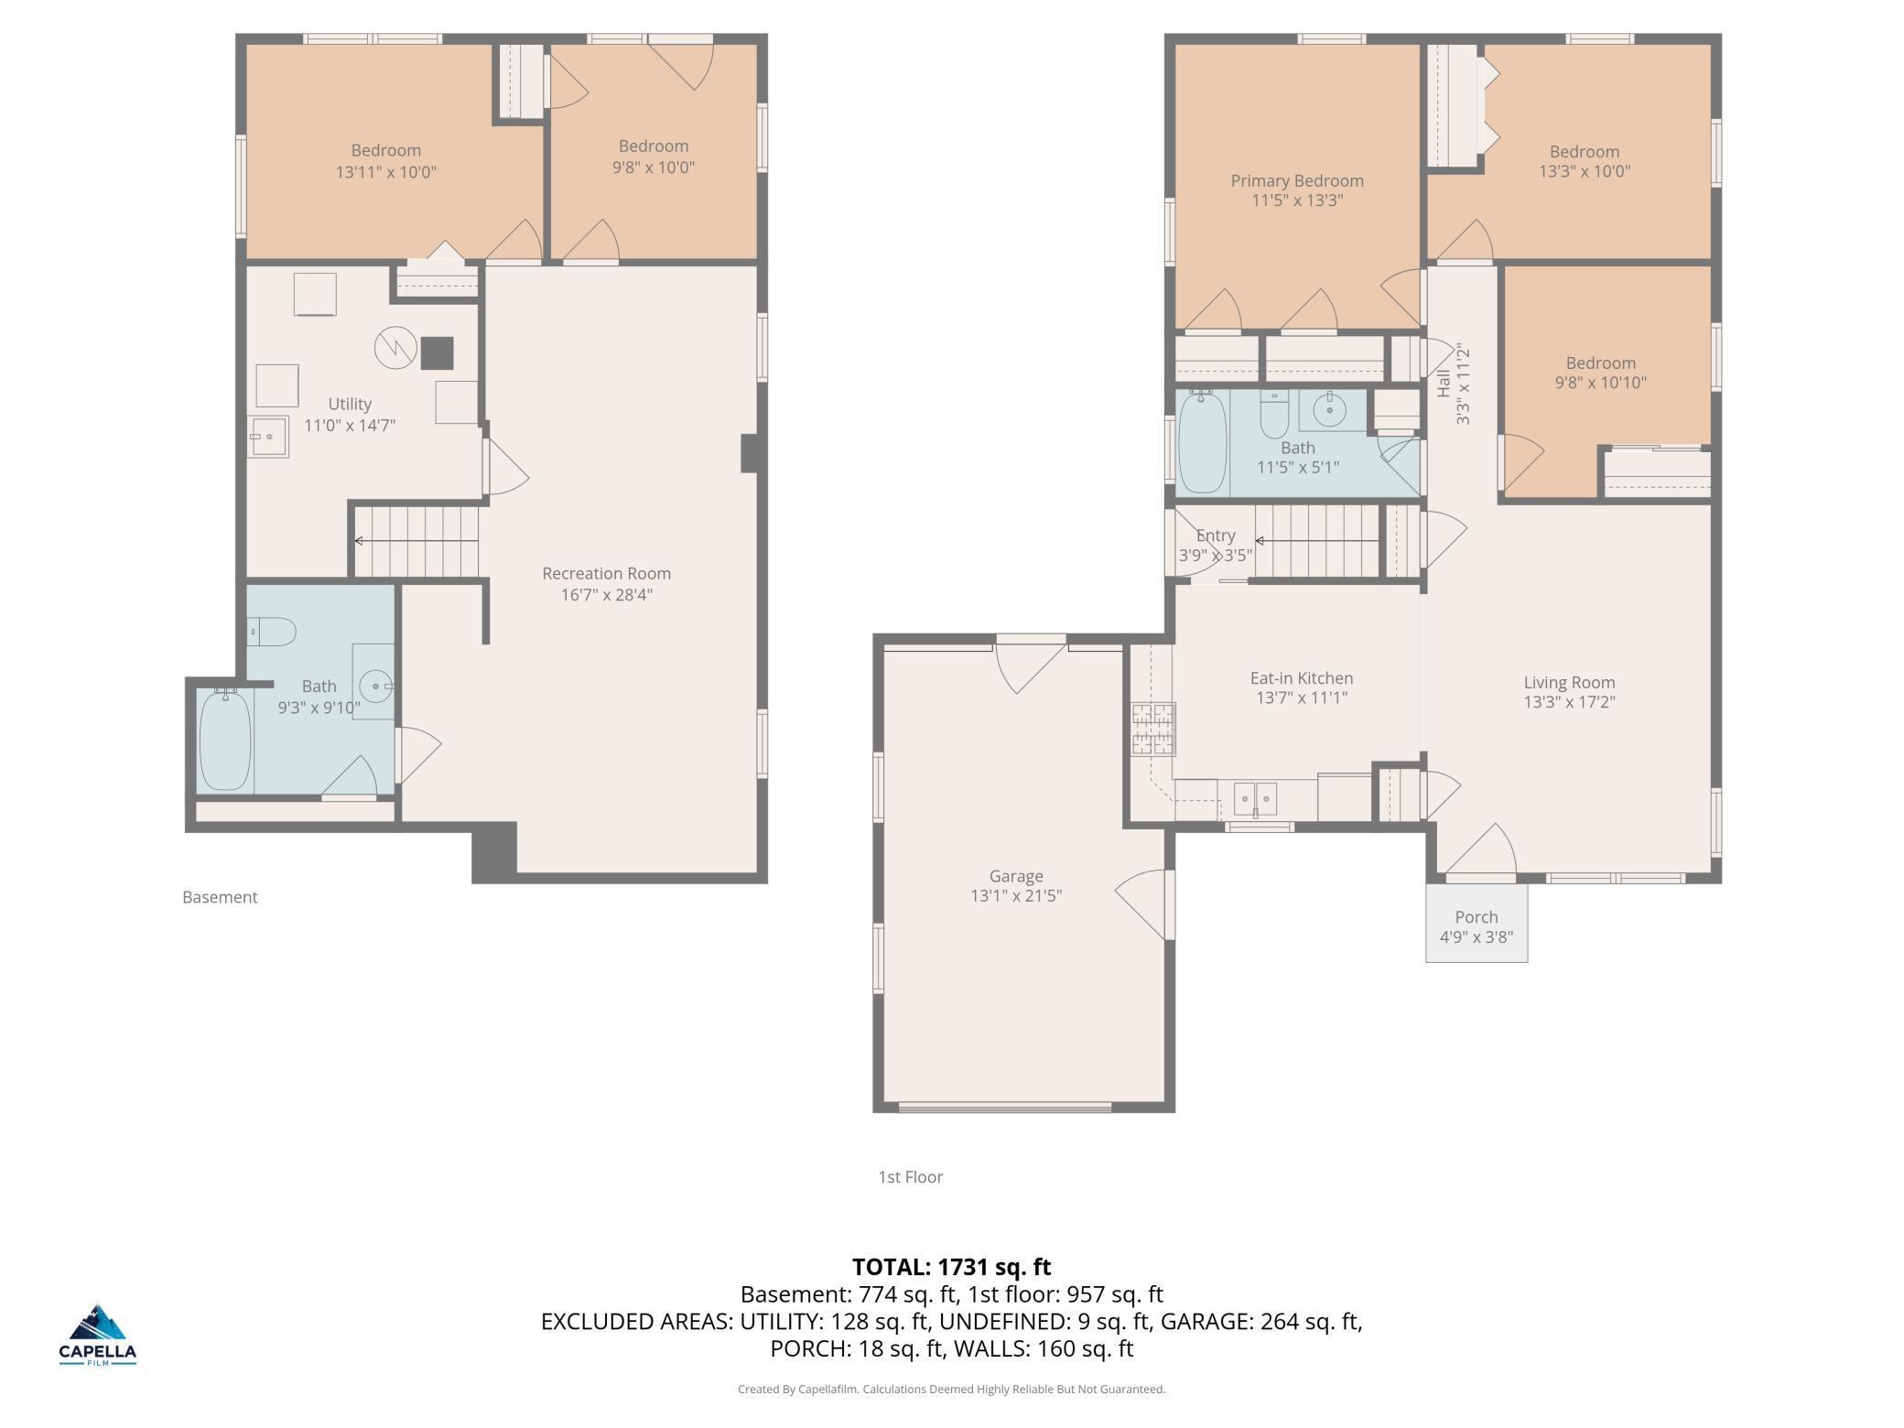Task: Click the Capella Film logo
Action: pyautogui.click(x=98, y=1335)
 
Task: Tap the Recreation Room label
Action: pyautogui.click(x=606, y=574)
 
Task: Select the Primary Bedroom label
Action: pyautogui.click(x=1297, y=181)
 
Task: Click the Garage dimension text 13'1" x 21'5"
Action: pyautogui.click(x=1016, y=896)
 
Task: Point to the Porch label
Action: pyautogui.click(x=1477, y=917)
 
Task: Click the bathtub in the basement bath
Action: pyautogui.click(x=225, y=740)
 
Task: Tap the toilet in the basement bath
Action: pyautogui.click(x=271, y=632)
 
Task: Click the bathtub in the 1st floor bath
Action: pyautogui.click(x=1202, y=443)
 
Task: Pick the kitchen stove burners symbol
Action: pyautogui.click(x=1153, y=730)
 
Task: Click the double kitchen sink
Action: pyautogui.click(x=1255, y=799)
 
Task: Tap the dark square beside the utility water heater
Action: pyautogui.click(x=438, y=353)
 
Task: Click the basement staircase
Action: pyautogui.click(x=416, y=542)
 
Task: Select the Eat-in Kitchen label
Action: pyautogui.click(x=1302, y=678)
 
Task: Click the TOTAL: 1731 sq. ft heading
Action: pyautogui.click(x=952, y=1267)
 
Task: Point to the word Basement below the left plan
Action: pyautogui.click(x=220, y=897)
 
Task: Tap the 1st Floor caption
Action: pyautogui.click(x=911, y=1177)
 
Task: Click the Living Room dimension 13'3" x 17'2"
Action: pyautogui.click(x=1569, y=702)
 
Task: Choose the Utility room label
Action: pyautogui.click(x=350, y=404)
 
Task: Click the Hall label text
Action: pyautogui.click(x=1444, y=384)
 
